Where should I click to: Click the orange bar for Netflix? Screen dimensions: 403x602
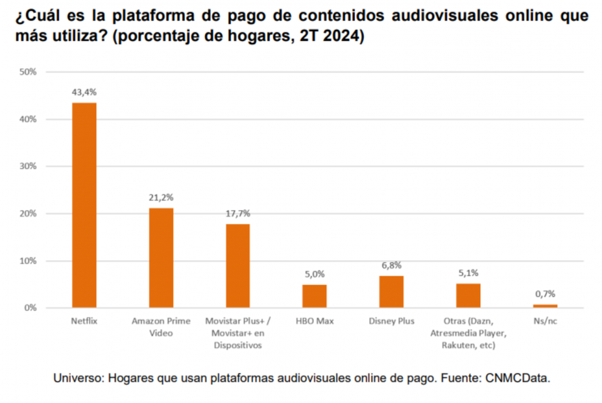click(x=84, y=205)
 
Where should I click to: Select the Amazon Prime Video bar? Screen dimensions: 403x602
click(x=161, y=258)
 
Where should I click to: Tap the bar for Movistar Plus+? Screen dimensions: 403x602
click(x=237, y=266)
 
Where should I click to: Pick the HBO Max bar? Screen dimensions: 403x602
click(x=315, y=296)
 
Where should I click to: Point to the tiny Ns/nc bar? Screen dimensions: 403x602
click(x=545, y=306)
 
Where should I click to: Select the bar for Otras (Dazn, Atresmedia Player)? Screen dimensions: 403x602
click(x=468, y=295)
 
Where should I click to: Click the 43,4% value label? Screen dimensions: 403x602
click(x=84, y=93)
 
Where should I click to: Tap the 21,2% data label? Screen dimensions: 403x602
click(x=161, y=197)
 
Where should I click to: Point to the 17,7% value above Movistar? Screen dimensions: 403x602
click(x=237, y=214)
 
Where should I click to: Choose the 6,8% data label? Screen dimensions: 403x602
click(x=391, y=265)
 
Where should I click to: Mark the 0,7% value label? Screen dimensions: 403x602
click(x=545, y=294)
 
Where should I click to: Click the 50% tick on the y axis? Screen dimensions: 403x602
click(x=28, y=72)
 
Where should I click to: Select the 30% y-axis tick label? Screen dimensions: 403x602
click(x=28, y=166)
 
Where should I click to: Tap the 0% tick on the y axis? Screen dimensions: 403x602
click(x=30, y=308)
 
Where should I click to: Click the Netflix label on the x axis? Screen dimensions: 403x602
click(x=84, y=321)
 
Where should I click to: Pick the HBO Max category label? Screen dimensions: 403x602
click(x=315, y=321)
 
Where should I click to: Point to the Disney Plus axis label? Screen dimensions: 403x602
click(x=391, y=321)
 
